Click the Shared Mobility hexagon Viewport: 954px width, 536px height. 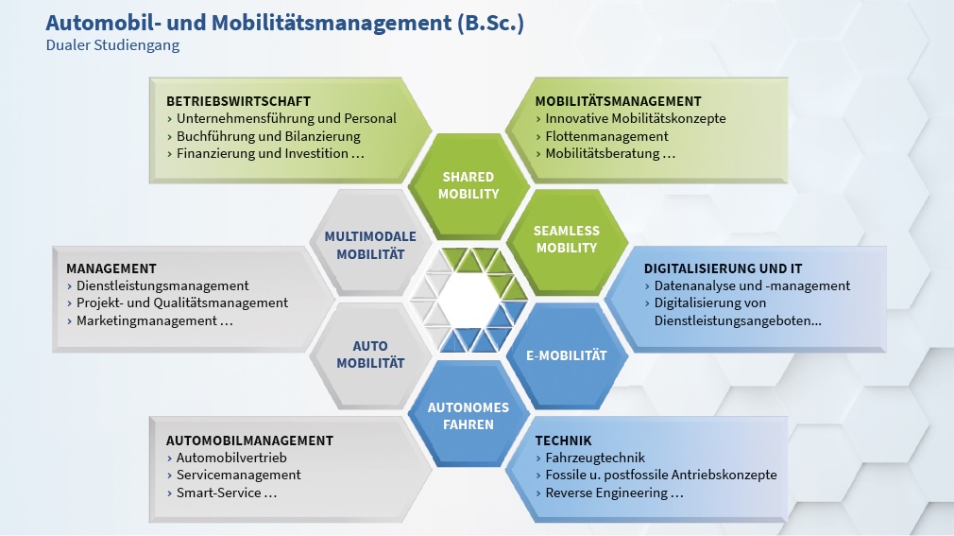tap(468, 185)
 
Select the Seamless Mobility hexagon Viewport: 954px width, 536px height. tap(567, 239)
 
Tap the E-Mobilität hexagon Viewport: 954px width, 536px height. tap(567, 355)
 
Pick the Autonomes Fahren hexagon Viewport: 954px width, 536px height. tap(468, 415)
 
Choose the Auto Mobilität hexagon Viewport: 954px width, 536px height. tap(370, 354)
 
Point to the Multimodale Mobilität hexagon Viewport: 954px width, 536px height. tap(370, 245)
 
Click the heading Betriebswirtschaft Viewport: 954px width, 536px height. tap(238, 101)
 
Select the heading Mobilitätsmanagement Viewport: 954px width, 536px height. tap(618, 101)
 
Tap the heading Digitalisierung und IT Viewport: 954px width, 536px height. tap(723, 268)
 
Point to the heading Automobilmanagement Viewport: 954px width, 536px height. tap(249, 441)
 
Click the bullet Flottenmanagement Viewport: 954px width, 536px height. tap(606, 136)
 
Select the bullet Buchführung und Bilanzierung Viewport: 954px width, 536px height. tap(268, 136)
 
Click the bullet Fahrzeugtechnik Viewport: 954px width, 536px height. tap(595, 458)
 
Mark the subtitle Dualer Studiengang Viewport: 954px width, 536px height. tap(112, 45)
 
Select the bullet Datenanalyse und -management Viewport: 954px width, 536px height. tap(752, 285)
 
